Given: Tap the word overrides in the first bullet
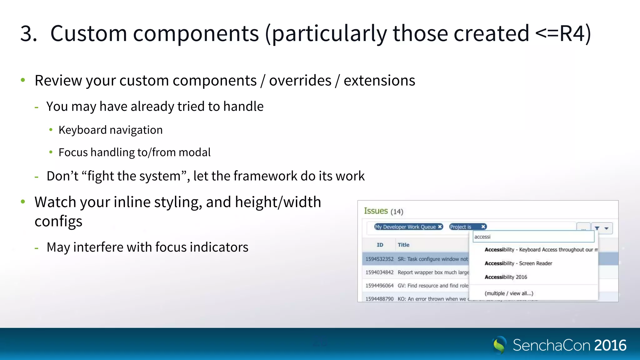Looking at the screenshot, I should [300, 81].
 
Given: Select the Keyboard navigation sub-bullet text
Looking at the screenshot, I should [111, 130].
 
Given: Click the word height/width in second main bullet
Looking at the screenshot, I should [278, 202].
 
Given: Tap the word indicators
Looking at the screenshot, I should [219, 247].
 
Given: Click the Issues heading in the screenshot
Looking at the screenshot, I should [376, 211].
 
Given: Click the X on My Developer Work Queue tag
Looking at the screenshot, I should [440, 227].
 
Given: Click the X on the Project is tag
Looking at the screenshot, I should [483, 227].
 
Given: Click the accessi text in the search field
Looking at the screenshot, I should [482, 237].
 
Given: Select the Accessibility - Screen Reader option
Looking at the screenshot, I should [518, 263].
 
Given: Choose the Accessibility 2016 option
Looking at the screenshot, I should [506, 277].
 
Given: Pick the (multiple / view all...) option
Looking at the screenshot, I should [509, 293].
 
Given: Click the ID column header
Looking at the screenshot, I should [380, 245].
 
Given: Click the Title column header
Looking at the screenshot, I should [403, 245].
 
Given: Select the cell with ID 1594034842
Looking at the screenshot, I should [379, 272].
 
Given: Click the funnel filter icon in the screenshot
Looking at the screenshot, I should [597, 228].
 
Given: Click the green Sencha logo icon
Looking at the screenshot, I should [499, 345].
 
